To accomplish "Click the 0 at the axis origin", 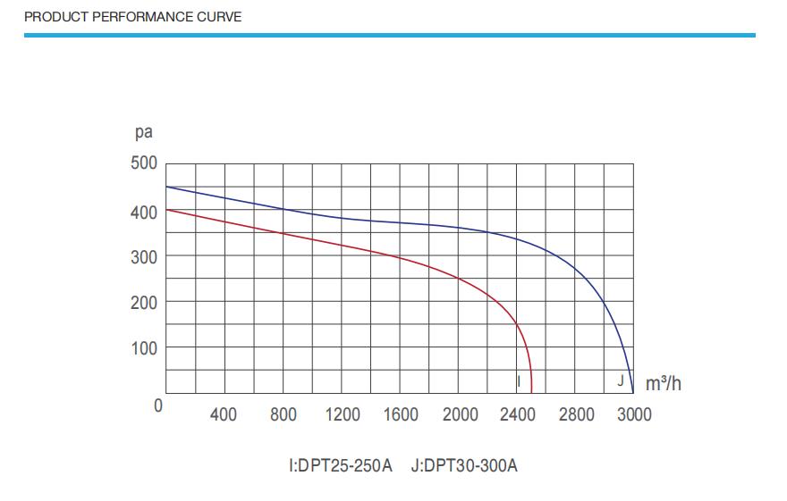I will pyautogui.click(x=158, y=405).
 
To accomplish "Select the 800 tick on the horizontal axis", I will pyautogui.click(x=283, y=414).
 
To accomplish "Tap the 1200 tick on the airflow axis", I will pyautogui.click(x=343, y=414).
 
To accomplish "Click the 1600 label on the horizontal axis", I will pyautogui.click(x=401, y=414).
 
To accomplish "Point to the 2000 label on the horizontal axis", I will pyautogui.click(x=460, y=414).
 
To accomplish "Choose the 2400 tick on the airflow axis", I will pyautogui.click(x=518, y=414).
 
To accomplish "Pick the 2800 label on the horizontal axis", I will pyautogui.click(x=576, y=414).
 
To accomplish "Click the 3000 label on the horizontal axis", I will pyautogui.click(x=634, y=414).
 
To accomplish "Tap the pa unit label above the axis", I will pyautogui.click(x=143, y=133).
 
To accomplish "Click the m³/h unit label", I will pyautogui.click(x=663, y=384).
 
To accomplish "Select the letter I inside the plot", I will pyautogui.click(x=519, y=381).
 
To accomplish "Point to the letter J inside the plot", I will pyautogui.click(x=620, y=380).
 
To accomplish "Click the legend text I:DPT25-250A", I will pyautogui.click(x=341, y=466).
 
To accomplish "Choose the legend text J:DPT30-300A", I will pyautogui.click(x=464, y=466).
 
